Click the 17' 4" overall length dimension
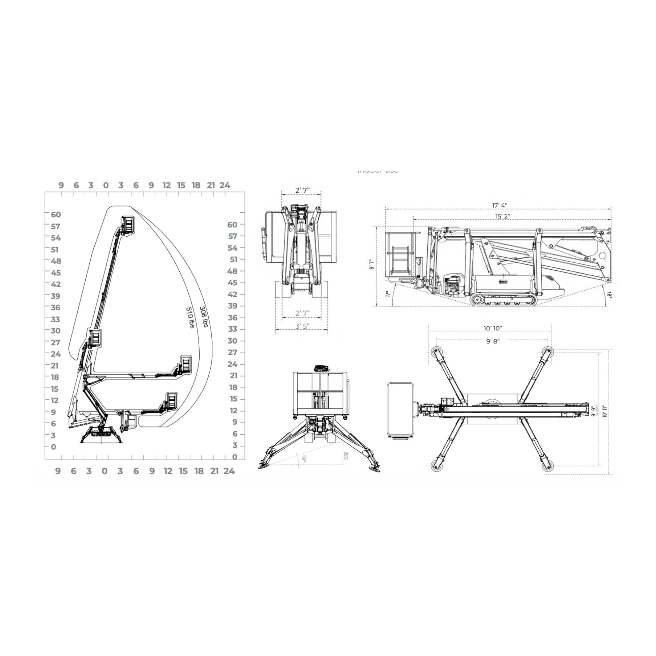coord(500,205)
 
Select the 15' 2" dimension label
coord(502,216)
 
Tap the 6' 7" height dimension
coord(372,265)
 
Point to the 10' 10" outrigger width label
coord(493,328)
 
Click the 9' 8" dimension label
coord(493,341)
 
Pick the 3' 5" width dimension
coord(302,326)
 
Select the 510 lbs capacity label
coord(190,318)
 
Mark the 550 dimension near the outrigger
coord(346,455)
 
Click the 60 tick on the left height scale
coord(56,215)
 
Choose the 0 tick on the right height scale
coord(235,457)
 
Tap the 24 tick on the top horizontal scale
coord(225,185)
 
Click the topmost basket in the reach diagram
coord(128,225)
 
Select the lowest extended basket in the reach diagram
coord(172,401)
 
